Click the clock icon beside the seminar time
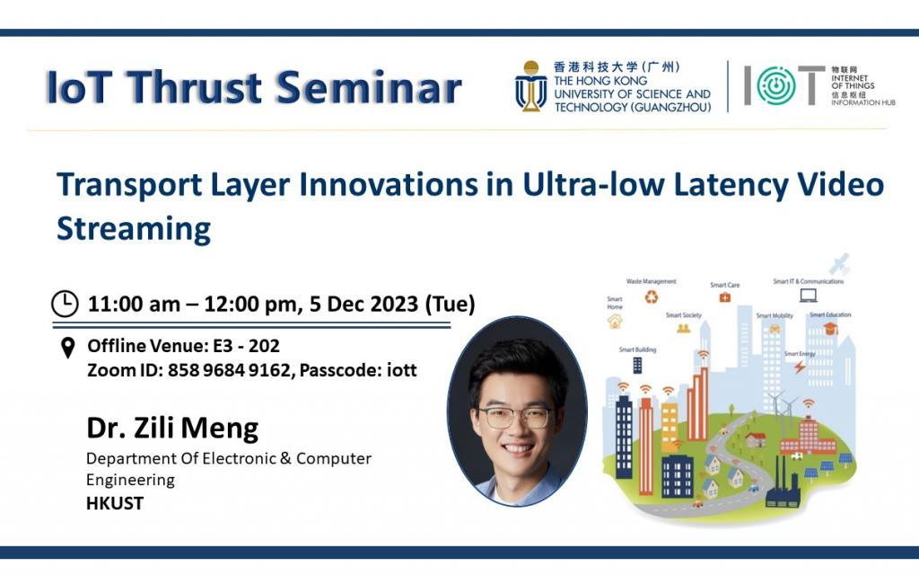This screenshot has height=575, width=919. pyautogui.click(x=65, y=305)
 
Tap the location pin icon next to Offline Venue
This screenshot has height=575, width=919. pyautogui.click(x=67, y=348)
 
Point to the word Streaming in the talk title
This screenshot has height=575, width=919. pyautogui.click(x=134, y=228)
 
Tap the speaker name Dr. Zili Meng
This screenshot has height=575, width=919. pyautogui.click(x=171, y=428)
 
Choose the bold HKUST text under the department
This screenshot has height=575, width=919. pyautogui.click(x=114, y=503)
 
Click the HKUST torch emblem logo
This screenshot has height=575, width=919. pyautogui.click(x=530, y=86)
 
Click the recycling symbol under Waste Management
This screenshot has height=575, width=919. pyautogui.click(x=652, y=296)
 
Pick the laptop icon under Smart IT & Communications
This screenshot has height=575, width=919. pyautogui.click(x=808, y=294)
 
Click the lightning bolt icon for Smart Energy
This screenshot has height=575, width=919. pyautogui.click(x=800, y=367)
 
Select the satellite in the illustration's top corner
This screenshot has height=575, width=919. pyautogui.click(x=839, y=265)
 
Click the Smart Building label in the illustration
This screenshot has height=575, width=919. pyautogui.click(x=636, y=349)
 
